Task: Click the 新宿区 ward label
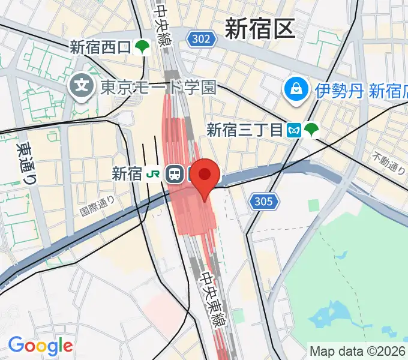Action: [x=260, y=28]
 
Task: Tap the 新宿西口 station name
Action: [x=100, y=47]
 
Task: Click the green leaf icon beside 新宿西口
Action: [x=142, y=47]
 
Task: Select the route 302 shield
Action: [x=202, y=40]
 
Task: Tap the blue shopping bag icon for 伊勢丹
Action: [x=296, y=91]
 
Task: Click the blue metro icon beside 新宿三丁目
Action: [x=294, y=130]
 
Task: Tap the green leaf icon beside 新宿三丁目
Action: [x=311, y=129]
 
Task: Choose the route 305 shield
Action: [x=265, y=201]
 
